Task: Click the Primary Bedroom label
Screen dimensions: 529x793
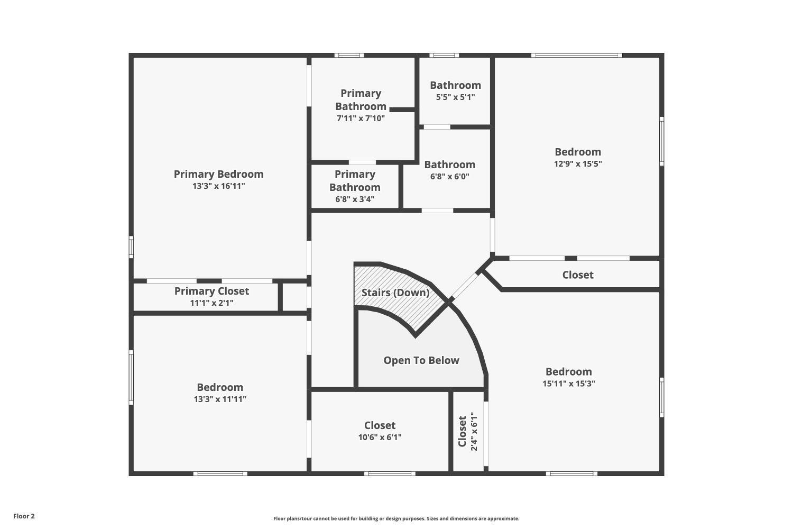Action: pos(218,174)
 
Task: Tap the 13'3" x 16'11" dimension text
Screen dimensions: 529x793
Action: pos(218,186)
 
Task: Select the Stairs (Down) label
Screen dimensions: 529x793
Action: pos(395,293)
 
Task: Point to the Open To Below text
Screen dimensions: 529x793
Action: pos(421,360)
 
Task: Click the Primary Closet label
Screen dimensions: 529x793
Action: pos(211,291)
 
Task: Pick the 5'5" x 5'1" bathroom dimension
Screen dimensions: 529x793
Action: pos(455,97)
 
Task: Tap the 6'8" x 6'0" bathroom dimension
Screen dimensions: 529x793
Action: pos(449,177)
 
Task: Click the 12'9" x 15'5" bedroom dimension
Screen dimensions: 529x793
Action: pos(578,164)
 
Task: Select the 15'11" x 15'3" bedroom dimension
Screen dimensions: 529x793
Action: pos(568,384)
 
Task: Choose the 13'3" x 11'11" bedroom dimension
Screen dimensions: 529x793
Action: pos(220,399)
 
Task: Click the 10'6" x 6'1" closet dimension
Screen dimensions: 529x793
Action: pos(380,437)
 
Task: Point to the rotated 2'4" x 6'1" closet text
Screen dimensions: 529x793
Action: pos(474,432)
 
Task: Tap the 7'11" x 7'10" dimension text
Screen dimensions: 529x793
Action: pos(361,118)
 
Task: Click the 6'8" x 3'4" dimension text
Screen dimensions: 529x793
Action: pos(355,199)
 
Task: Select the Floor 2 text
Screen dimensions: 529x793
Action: pos(24,516)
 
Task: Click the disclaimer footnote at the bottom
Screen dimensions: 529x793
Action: pos(396,519)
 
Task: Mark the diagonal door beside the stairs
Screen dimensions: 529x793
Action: pos(465,286)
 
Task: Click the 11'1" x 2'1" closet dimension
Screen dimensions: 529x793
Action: pos(211,303)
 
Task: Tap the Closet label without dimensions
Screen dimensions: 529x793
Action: pos(577,275)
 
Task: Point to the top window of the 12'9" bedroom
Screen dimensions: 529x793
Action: pos(576,55)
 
